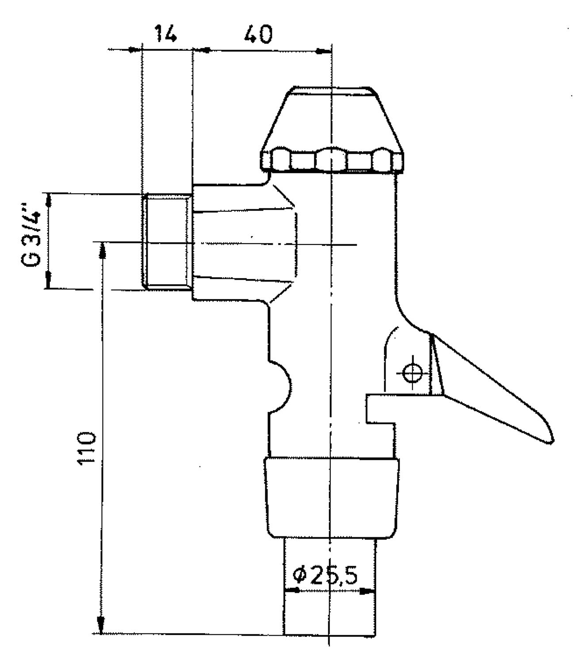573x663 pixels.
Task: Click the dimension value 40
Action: pos(259,34)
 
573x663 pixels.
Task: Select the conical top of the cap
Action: pos(332,119)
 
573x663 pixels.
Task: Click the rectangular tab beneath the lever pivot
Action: pos(378,408)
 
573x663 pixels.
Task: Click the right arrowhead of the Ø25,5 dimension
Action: pos(367,591)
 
